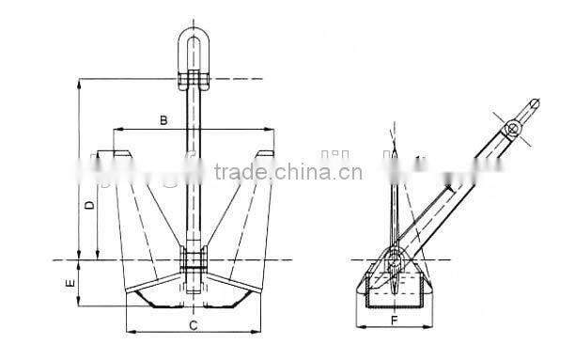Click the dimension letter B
pyautogui.click(x=163, y=121)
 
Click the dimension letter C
pyautogui.click(x=192, y=325)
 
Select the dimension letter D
pyautogui.click(x=87, y=205)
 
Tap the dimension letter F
pyautogui.click(x=395, y=321)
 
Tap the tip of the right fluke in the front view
pyautogui.click(x=271, y=151)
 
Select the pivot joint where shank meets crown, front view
pyautogui.click(x=194, y=261)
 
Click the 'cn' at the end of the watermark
pyautogui.click(x=350, y=173)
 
